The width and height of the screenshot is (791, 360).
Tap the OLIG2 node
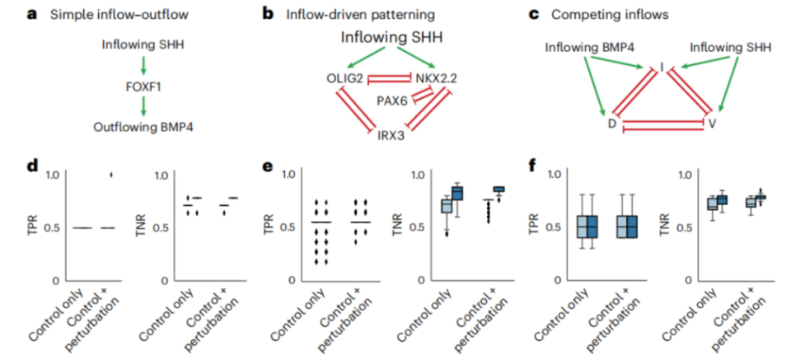(344, 78)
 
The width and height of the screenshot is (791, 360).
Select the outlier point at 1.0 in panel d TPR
(113, 175)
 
